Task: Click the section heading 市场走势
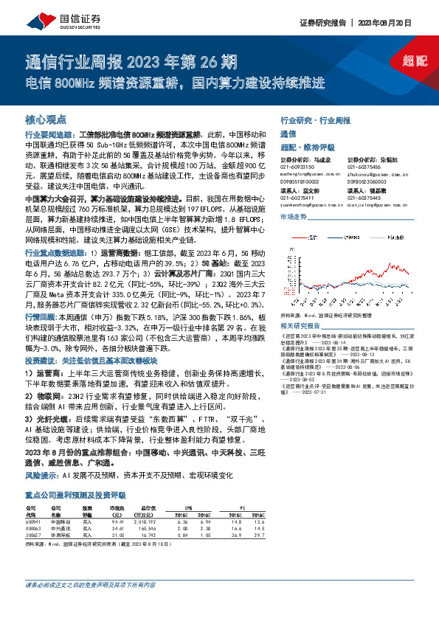coord(293,218)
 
